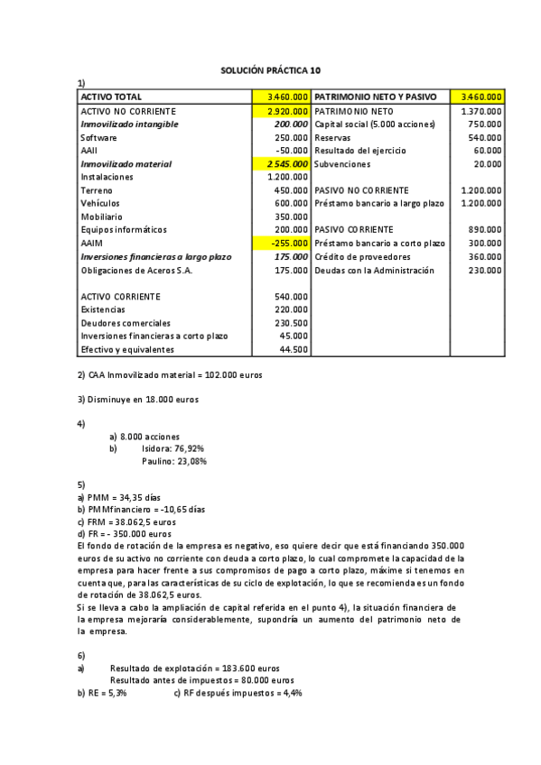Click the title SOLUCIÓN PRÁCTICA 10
pyautogui.click(x=270, y=70)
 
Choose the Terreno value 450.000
pyautogui.click(x=291, y=190)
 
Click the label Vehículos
pyautogui.click(x=101, y=204)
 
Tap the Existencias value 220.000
pyautogui.click(x=291, y=309)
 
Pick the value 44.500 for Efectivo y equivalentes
pyautogui.click(x=294, y=349)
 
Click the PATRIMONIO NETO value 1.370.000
pyautogui.click(x=480, y=111)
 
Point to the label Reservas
pyautogui.click(x=333, y=137)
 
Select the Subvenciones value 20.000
pyautogui.click(x=487, y=164)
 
